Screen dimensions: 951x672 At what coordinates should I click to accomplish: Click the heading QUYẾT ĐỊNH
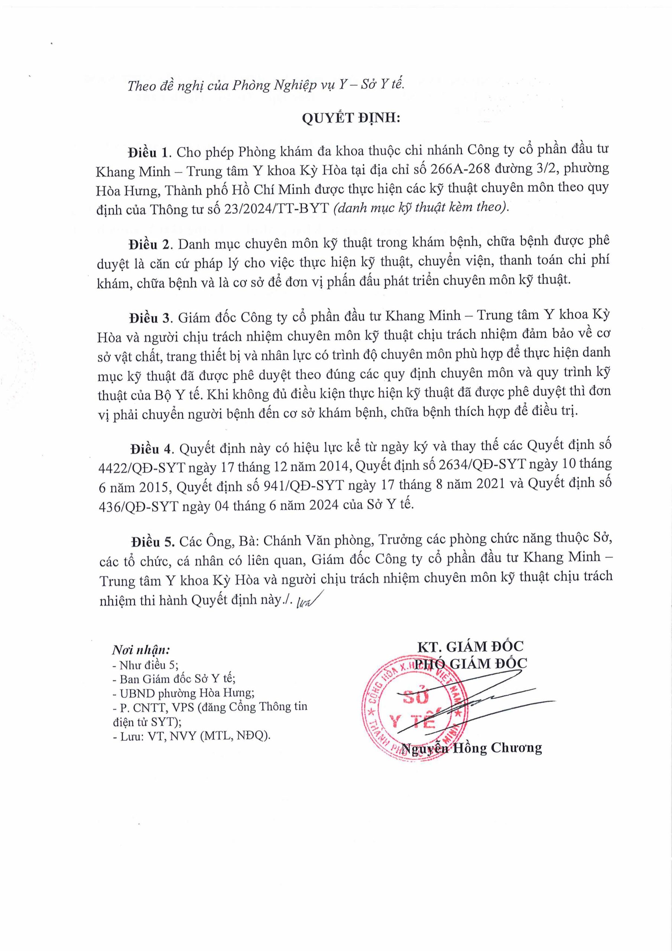[351, 119]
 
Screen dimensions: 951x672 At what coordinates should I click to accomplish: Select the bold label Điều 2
[150, 244]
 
